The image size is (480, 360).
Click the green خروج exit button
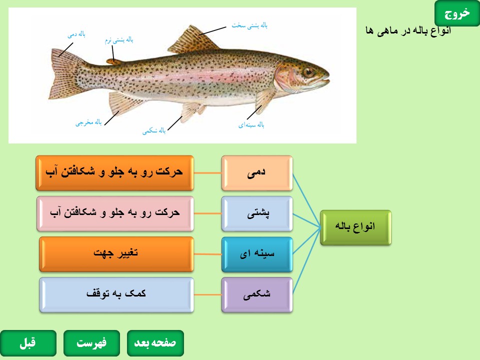tap(457, 13)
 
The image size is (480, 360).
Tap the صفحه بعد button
tap(155, 343)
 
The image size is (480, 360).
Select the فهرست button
tap(91, 343)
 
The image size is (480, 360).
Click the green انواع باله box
tap(355, 227)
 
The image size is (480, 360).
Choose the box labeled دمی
tap(257, 173)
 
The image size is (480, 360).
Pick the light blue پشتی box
tap(257, 213)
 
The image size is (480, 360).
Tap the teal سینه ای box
tap(257, 254)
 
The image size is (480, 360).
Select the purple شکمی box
tap(257, 295)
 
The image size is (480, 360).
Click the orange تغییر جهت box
tap(116, 254)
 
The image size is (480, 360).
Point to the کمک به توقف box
tap(116, 295)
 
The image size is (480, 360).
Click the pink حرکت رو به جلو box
tap(115, 213)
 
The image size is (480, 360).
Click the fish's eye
tap(308, 72)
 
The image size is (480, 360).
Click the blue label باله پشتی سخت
tap(249, 25)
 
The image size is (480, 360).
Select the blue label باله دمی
tap(76, 34)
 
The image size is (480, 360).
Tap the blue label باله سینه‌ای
tap(251, 125)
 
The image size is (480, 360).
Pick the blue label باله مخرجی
tap(88, 122)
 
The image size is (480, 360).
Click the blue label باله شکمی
tap(154, 130)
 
